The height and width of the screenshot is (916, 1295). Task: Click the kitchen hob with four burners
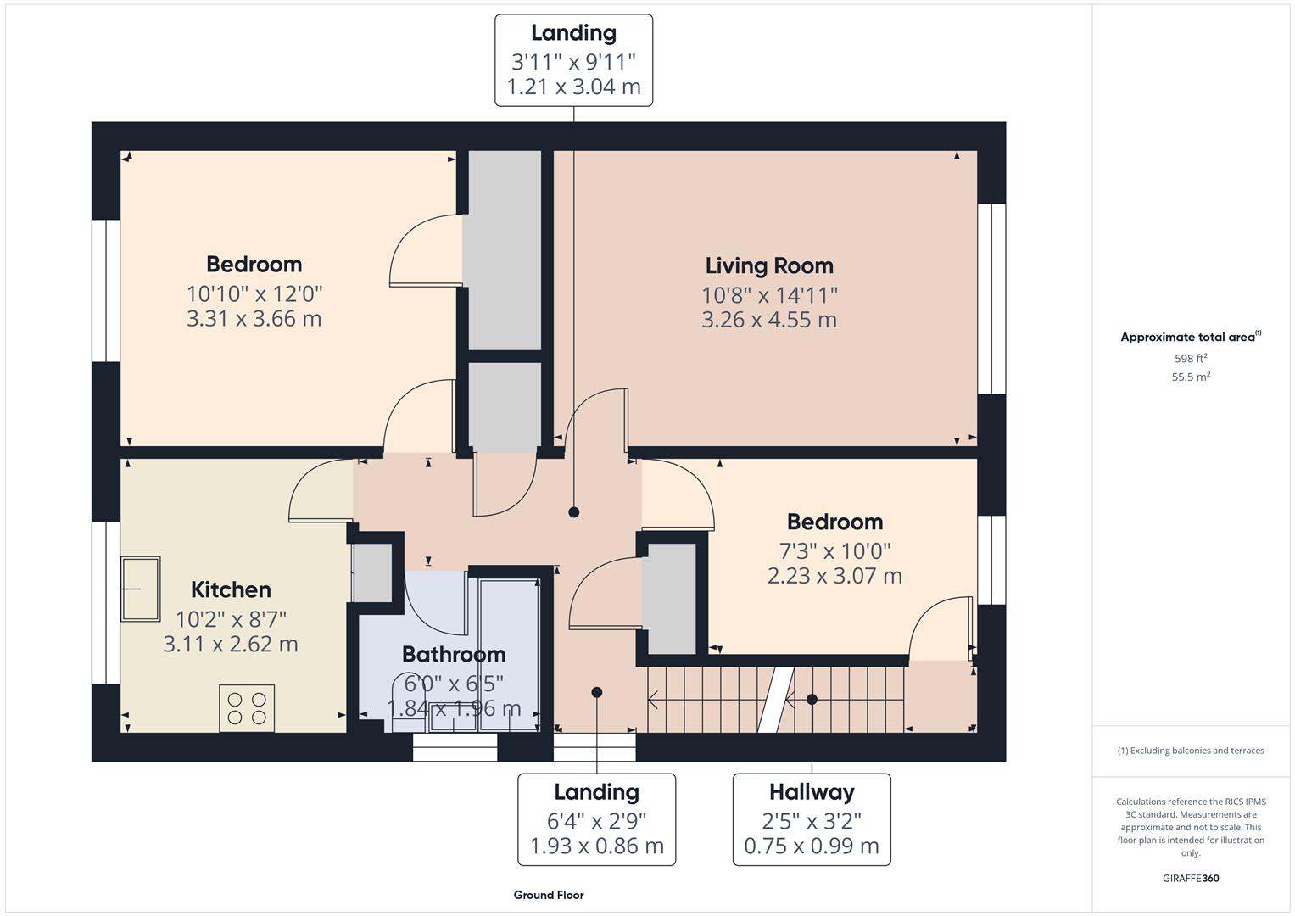click(247, 708)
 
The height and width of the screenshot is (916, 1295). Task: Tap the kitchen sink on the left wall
click(140, 589)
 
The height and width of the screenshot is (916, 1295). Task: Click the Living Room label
click(769, 265)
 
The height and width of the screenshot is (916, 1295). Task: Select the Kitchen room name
click(231, 589)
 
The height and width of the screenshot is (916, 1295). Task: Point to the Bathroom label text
click(454, 654)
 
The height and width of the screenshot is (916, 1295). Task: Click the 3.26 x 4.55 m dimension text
click(769, 320)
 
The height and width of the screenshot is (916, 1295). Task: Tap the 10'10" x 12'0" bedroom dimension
click(254, 294)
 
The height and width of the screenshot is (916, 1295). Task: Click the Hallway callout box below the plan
click(812, 818)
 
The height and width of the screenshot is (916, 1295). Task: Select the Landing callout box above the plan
click(573, 59)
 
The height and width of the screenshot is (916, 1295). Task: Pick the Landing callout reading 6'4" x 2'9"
click(596, 818)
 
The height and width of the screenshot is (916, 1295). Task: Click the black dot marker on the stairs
click(812, 700)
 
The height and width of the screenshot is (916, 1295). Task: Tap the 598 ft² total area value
click(1191, 358)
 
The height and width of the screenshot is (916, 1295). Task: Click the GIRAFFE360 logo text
click(1191, 878)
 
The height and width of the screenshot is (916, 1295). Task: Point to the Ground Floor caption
click(549, 895)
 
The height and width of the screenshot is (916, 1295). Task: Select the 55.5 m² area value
click(1191, 377)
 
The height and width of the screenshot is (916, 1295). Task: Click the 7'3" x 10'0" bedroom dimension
click(834, 551)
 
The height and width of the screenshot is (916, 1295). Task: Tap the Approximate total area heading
click(1189, 337)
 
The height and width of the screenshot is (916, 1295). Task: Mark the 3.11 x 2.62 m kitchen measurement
click(231, 644)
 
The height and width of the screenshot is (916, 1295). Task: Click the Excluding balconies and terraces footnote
click(1191, 751)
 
